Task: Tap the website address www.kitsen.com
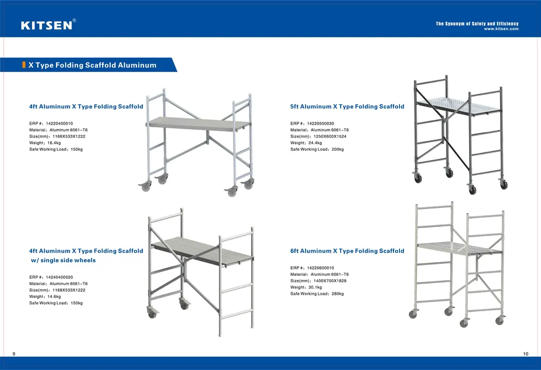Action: coord(501,29)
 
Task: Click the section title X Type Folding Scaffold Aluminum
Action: coord(92,65)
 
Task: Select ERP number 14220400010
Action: coord(51,124)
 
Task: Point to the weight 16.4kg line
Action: coord(45,143)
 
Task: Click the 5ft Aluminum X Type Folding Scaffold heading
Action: coord(347,107)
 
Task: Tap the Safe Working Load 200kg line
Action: coord(317,149)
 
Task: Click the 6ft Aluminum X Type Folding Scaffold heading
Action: coord(347,251)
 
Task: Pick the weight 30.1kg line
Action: coord(306,287)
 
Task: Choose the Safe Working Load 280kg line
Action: coord(317,294)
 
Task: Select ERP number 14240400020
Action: coord(51,277)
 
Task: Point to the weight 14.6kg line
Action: coord(45,296)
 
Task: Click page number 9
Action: coord(13,354)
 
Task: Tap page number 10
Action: coord(526,354)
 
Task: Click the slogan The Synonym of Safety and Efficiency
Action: coord(477,24)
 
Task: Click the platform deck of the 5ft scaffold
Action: coord(457,105)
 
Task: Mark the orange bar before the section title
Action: coord(24,65)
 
